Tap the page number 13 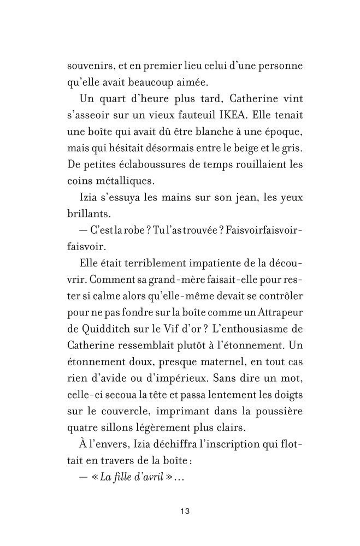point(184,512)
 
